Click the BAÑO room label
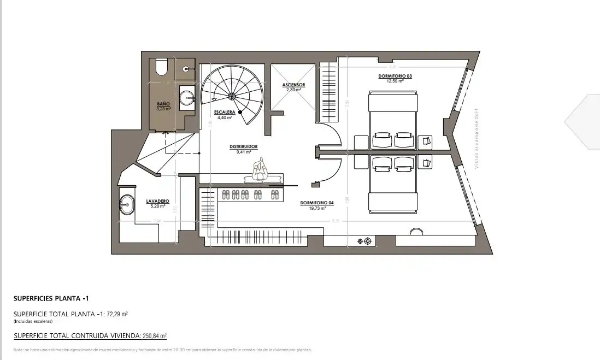point(163,104)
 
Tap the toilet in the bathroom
point(161,67)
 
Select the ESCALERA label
point(225,112)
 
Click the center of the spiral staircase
point(232,97)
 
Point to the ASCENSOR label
point(293,85)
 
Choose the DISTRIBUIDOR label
point(243,147)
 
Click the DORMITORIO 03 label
point(395,76)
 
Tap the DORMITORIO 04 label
point(316,203)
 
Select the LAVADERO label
point(157,201)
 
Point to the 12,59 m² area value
point(395,81)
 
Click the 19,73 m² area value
point(317,208)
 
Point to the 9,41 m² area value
point(243,152)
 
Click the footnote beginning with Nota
point(162,350)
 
